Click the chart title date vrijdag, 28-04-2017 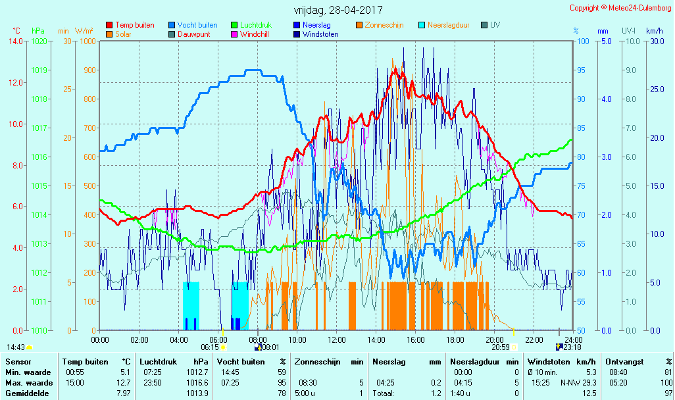337,11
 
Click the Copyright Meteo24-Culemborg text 620,8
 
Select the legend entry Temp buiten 134,25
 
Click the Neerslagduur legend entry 448,25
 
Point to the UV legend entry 495,25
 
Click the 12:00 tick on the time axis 337,339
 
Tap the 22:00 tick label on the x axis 534,339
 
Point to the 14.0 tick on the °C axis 16,41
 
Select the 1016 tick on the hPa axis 39,157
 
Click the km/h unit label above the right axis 654,31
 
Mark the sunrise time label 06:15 210,347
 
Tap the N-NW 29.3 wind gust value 579,383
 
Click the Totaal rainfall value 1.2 437,393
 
